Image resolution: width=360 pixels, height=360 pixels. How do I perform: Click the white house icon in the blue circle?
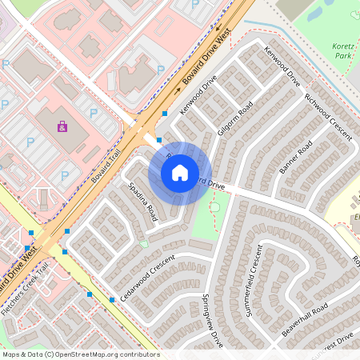[180, 173]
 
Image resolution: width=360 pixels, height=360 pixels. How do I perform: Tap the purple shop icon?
[62, 126]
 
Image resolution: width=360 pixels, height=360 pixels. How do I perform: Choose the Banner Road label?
[295, 157]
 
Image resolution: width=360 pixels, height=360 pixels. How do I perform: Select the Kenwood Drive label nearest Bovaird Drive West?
[198, 94]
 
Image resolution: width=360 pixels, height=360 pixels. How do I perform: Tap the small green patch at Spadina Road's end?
[144, 242]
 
